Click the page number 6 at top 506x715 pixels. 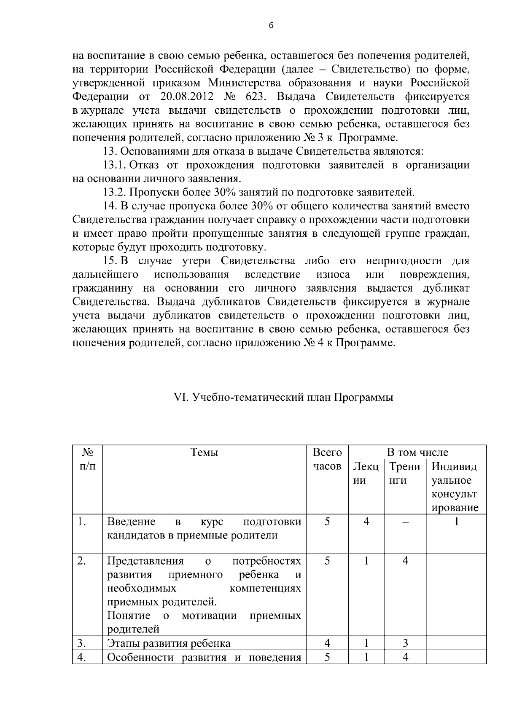[271, 26]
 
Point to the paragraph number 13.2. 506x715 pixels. [115, 193]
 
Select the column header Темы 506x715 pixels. [205, 453]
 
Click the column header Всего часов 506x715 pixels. [327, 459]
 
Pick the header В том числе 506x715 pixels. [417, 453]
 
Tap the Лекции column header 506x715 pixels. [366, 473]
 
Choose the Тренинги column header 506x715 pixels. [405, 473]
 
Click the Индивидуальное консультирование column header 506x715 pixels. [455, 487]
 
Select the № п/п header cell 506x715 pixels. [87, 459]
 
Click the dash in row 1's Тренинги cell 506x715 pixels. [405, 522]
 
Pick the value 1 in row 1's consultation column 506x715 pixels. [456, 522]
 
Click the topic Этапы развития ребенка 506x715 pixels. [169, 643]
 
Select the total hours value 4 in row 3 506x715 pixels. [327, 643]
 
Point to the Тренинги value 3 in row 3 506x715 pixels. [405, 643]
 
